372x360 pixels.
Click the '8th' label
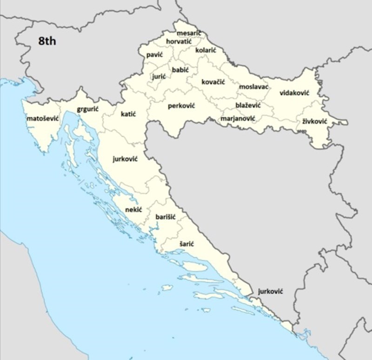tap(47, 41)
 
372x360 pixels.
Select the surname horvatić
tap(179, 42)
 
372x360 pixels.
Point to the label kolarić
tap(206, 50)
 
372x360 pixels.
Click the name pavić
tap(154, 55)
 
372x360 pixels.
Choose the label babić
tap(180, 70)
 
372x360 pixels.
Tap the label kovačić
tap(213, 82)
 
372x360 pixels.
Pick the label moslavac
tap(254, 87)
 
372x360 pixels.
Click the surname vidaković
tap(294, 93)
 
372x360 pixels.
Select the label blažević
tap(248, 105)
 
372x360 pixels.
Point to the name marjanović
tap(238, 118)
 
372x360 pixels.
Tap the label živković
tap(315, 121)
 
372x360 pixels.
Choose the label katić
tap(128, 114)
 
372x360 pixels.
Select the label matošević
tap(42, 118)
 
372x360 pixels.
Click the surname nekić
tap(133, 209)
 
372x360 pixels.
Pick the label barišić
tap(165, 217)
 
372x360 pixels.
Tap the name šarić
tap(186, 243)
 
